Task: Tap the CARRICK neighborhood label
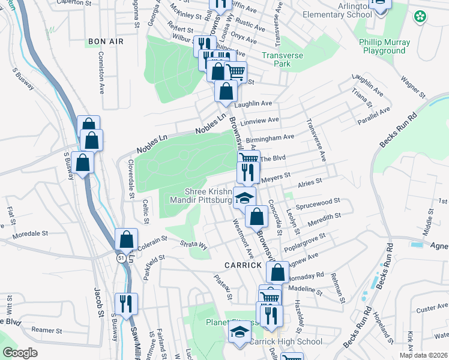point(243,265)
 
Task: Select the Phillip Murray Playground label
point(385,46)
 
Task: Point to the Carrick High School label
point(286,341)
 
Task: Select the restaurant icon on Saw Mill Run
point(127,304)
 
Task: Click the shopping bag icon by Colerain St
point(127,240)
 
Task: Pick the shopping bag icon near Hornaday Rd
point(278,272)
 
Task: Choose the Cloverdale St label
point(130,178)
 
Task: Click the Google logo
point(20,353)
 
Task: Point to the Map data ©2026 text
point(423,355)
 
